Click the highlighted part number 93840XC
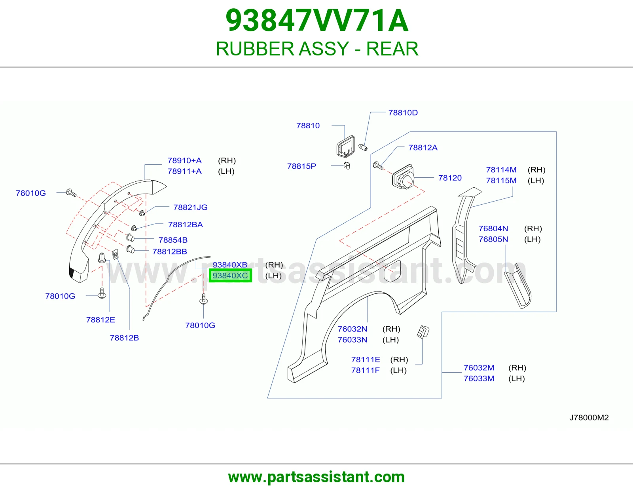pos(230,276)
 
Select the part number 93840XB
pos(230,265)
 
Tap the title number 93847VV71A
pos(317,21)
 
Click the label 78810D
pos(403,112)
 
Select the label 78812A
pos(423,148)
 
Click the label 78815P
pos(301,166)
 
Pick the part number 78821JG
pos(190,207)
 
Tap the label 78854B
pos(173,240)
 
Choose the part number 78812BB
pos(170,251)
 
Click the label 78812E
pos(100,320)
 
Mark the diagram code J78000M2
pos(589,417)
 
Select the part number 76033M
pos(479,379)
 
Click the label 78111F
pos(365,370)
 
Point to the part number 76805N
pos(493,239)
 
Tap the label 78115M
pos(501,181)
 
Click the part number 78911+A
pos(184,171)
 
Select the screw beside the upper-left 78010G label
pos(71,193)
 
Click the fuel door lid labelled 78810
pos(345,147)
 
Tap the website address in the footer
pos(316,477)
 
